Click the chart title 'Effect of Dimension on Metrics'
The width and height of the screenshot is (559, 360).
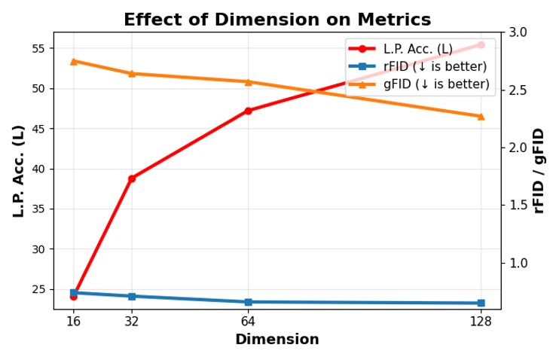coord(277,20)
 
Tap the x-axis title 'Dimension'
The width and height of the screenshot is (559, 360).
coord(276,340)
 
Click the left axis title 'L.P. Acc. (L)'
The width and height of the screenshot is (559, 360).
coord(19,171)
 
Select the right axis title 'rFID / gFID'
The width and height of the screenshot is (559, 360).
coord(539,171)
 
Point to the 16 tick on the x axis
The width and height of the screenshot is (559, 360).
coord(73,321)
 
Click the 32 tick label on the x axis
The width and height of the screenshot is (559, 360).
coord(132,321)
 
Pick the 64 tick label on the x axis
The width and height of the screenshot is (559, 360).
coord(248,321)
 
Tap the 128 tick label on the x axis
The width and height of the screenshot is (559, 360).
coord(481,321)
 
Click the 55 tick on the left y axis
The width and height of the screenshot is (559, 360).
coord(41,48)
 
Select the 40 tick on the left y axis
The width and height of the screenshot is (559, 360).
coord(41,169)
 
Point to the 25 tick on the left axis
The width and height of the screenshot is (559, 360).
coord(41,289)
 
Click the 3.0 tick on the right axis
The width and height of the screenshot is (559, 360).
coord(518,32)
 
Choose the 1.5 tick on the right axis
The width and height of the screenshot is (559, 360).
coord(518,205)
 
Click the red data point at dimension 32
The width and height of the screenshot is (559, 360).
coord(132,178)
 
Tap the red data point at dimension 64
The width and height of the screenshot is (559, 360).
coord(248,111)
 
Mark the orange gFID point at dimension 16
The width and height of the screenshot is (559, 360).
coord(73,61)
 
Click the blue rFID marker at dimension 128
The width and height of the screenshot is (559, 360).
coord(481,303)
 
